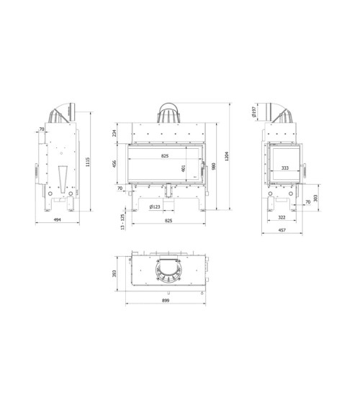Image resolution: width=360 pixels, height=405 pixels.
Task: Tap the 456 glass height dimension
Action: coord(114,163)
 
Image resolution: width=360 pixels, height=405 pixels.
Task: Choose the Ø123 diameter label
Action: coord(154,207)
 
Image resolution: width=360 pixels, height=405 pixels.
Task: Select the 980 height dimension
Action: coord(214,159)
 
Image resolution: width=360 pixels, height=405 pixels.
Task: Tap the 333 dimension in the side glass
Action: coord(285,168)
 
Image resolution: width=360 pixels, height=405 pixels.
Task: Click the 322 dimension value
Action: coord(282,217)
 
